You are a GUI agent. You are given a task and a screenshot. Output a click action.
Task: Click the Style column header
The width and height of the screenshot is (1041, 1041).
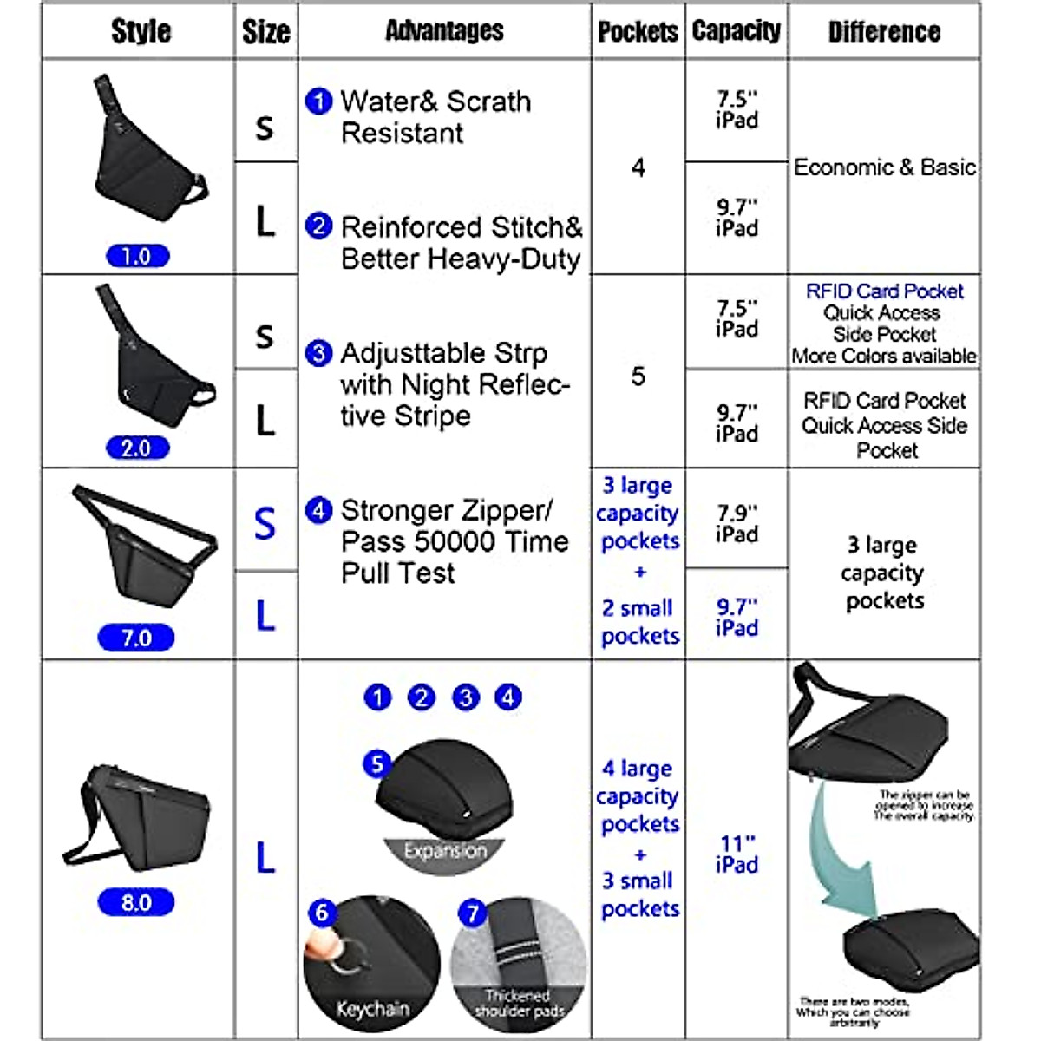point(141,31)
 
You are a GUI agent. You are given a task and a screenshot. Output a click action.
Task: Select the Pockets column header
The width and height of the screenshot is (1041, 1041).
point(638,31)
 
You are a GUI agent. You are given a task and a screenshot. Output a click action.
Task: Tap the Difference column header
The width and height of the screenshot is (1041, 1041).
point(884,31)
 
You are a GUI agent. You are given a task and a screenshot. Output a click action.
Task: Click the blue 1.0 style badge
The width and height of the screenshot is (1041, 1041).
point(137,256)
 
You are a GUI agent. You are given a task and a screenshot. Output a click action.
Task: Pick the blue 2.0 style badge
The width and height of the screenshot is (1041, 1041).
point(137,448)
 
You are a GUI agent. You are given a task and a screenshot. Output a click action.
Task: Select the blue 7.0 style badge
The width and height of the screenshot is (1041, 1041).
point(136,638)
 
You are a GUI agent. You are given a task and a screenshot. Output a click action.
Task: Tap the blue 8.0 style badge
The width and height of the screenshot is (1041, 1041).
point(136,902)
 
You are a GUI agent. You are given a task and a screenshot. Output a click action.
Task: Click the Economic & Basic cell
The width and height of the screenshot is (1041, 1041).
point(884,167)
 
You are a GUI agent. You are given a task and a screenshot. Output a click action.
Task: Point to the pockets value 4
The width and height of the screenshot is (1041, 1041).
point(638,167)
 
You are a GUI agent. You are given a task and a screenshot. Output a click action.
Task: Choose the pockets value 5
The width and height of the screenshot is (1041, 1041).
point(638,376)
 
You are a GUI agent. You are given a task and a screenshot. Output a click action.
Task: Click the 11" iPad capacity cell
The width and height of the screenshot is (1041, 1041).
point(737,854)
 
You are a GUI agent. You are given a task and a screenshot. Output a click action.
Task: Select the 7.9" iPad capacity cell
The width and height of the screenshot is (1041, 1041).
point(737,523)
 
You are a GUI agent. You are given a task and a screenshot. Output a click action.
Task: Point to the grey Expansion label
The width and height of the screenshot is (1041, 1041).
point(445,851)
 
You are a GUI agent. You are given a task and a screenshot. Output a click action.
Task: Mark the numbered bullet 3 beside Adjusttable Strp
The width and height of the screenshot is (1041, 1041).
point(318,353)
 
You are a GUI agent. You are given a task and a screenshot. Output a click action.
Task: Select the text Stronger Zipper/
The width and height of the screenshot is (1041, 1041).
point(446,509)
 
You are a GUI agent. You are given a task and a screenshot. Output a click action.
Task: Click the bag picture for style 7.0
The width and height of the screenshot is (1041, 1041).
point(143,547)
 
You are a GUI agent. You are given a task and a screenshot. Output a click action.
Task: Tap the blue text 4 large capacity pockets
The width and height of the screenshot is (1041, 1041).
point(639,795)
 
